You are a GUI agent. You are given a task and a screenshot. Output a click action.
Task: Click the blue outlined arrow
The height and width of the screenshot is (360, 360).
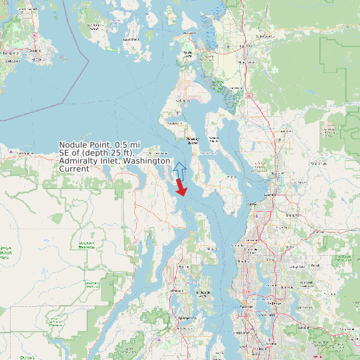click(x=179, y=169)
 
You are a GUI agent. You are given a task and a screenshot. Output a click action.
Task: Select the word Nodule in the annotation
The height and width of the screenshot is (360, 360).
click(x=73, y=145)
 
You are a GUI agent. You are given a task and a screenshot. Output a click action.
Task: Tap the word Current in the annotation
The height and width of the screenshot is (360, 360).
click(x=74, y=169)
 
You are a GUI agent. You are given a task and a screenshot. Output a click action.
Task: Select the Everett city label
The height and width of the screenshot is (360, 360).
click(x=270, y=195)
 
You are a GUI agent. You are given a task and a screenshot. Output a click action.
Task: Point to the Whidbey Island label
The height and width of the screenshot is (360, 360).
click(x=193, y=141)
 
